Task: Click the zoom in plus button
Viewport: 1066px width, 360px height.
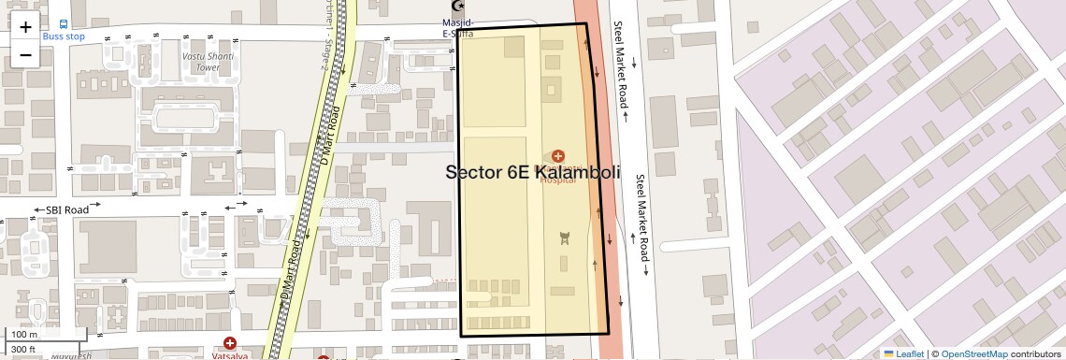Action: [x=25, y=27]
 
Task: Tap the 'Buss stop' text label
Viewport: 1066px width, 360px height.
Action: [x=64, y=36]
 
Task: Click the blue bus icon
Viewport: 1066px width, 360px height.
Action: [x=64, y=23]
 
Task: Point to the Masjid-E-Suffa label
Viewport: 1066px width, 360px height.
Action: [x=458, y=28]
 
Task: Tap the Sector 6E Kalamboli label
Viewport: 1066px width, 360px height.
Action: [x=533, y=172]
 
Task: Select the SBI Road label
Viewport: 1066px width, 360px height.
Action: [x=66, y=209]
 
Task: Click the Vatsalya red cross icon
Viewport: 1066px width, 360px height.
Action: [x=230, y=343]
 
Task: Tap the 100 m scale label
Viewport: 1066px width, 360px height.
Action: [x=24, y=334]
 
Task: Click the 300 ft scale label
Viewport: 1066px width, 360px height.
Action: [x=24, y=350]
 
